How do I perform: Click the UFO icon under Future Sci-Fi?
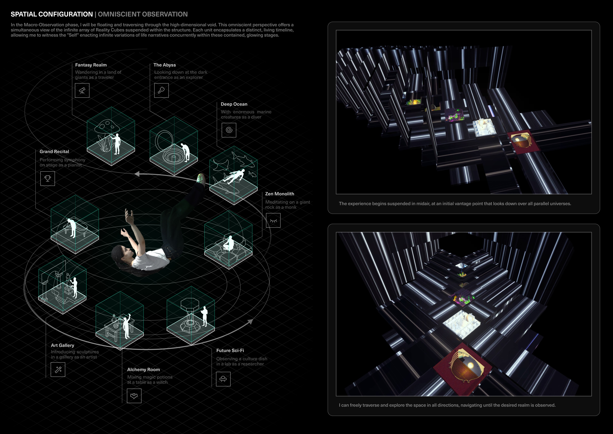pyautogui.click(x=223, y=379)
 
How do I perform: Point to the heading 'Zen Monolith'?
pyautogui.click(x=280, y=194)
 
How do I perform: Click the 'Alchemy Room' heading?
pyautogui.click(x=143, y=370)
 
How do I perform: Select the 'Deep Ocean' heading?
pyautogui.click(x=234, y=104)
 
